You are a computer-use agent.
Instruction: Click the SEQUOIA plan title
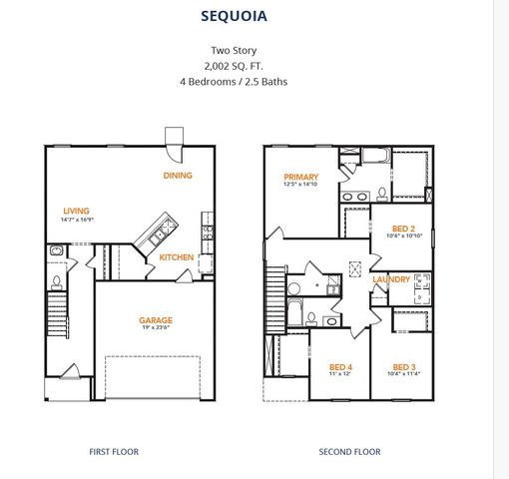click(234, 16)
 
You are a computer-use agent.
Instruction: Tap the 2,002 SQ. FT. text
click(234, 64)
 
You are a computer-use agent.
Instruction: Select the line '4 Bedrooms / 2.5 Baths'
click(234, 81)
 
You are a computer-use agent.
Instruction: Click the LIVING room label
click(76, 211)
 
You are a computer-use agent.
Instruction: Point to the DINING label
click(179, 176)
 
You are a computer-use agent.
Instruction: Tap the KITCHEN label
click(177, 257)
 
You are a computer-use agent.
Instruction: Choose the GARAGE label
click(156, 321)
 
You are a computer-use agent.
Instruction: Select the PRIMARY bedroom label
click(300, 177)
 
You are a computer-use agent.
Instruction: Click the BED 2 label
click(403, 228)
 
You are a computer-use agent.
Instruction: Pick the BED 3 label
click(403, 365)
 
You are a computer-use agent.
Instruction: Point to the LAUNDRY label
click(391, 279)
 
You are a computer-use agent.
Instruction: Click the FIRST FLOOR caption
click(115, 452)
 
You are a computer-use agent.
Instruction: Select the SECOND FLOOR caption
click(349, 452)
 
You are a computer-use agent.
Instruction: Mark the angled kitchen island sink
click(157, 237)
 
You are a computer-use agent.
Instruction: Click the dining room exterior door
click(174, 139)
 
